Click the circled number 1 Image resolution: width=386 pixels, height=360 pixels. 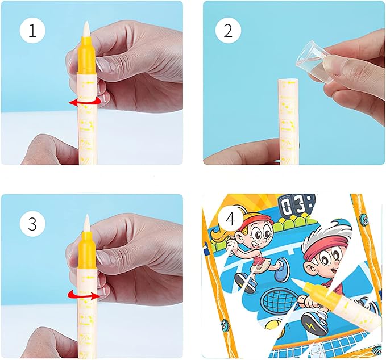click(x=32, y=31)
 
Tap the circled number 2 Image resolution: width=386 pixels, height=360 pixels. click(x=227, y=31)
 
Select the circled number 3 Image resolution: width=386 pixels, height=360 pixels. click(x=32, y=224)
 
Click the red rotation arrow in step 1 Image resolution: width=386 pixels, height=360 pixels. click(x=85, y=101)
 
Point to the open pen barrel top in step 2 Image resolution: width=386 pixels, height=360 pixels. click(x=288, y=83)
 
